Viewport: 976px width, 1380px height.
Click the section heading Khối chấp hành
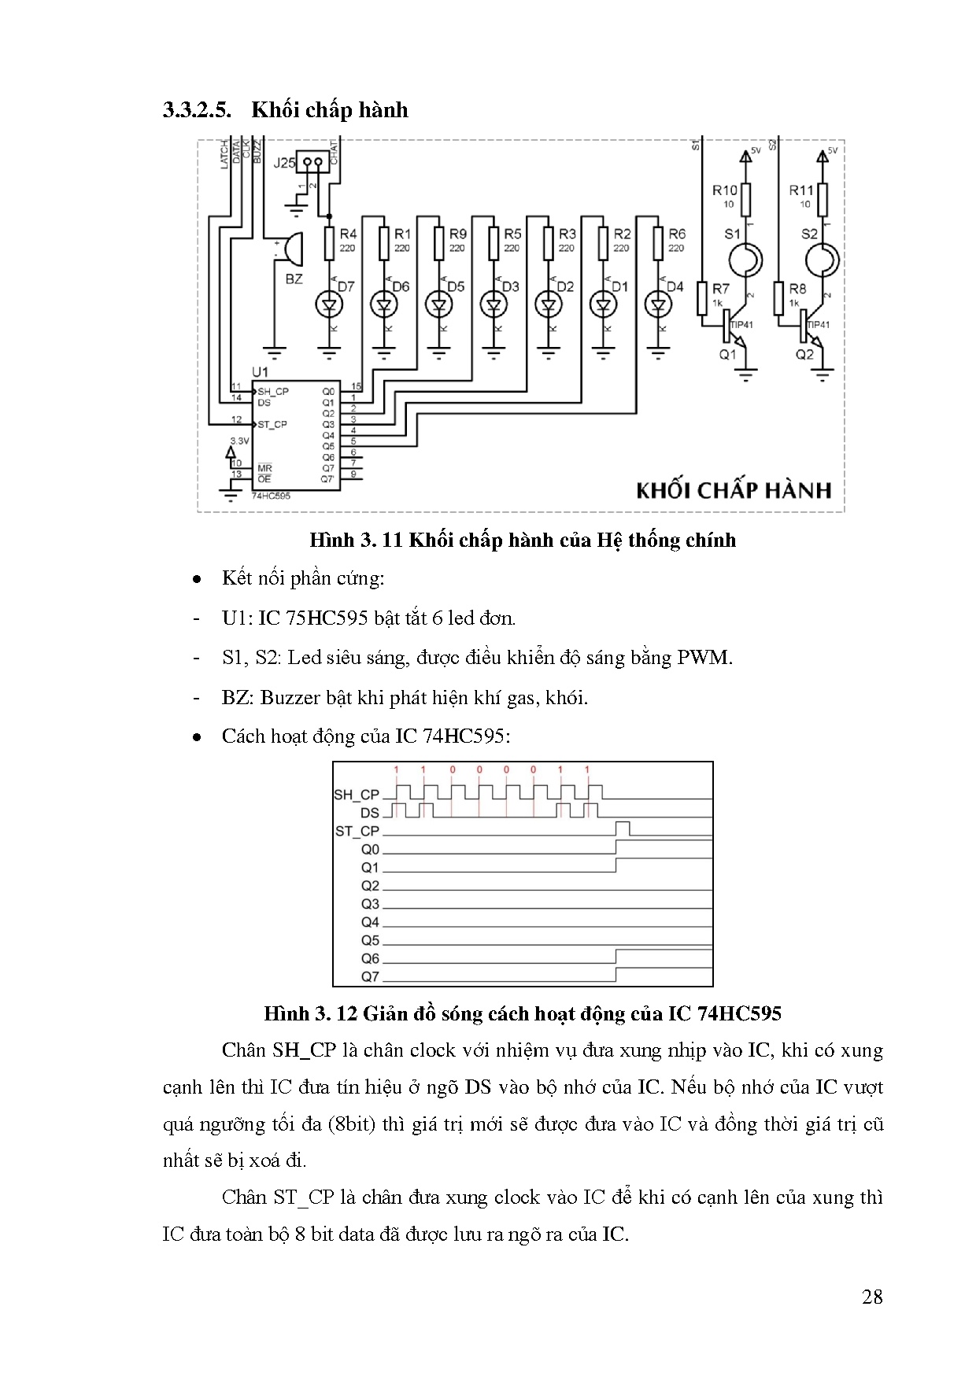click(x=329, y=109)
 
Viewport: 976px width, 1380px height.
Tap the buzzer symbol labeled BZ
click(x=289, y=250)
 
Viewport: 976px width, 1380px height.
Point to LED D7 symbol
click(x=328, y=304)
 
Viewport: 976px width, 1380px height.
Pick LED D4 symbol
click(x=657, y=304)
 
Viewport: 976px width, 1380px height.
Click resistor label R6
click(x=676, y=234)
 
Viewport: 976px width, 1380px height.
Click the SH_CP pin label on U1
click(x=272, y=391)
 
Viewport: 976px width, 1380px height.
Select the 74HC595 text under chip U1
click(x=272, y=496)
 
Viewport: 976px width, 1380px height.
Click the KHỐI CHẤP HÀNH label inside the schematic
click(x=733, y=490)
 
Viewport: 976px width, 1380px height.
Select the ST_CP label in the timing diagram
click(x=357, y=831)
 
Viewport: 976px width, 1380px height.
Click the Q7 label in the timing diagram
click(x=370, y=976)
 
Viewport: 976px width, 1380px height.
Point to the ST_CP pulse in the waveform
click(x=623, y=828)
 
